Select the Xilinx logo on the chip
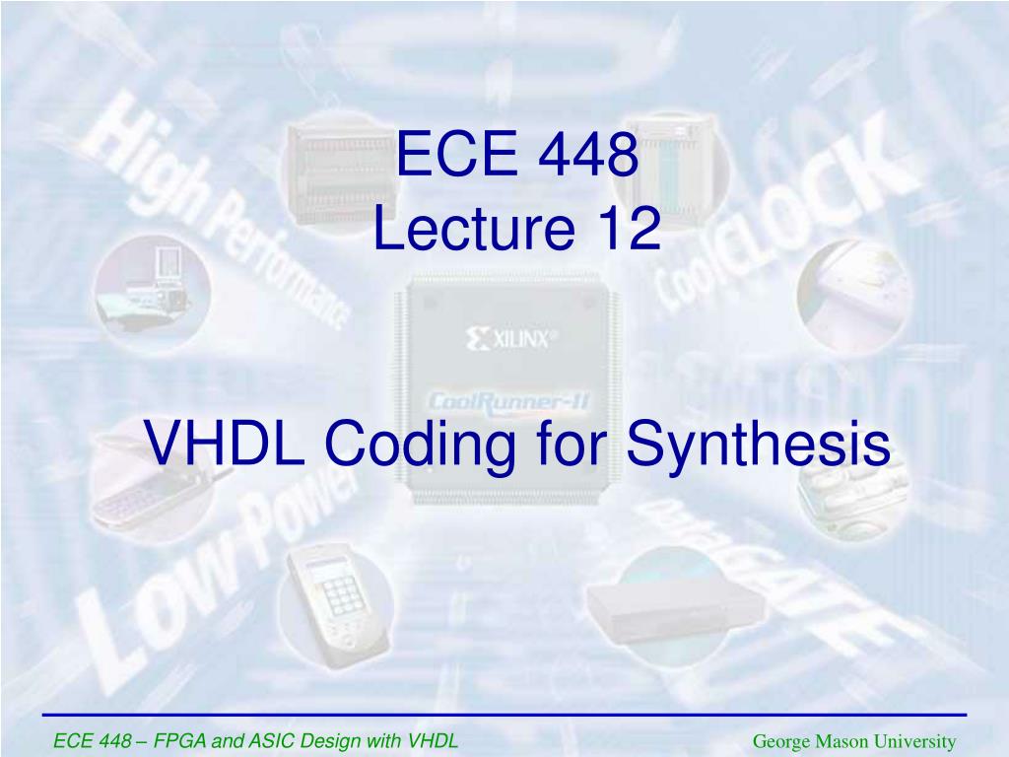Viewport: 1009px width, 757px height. coord(511,340)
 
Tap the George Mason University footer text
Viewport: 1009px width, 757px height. coord(854,741)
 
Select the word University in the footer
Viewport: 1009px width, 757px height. coord(917,741)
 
